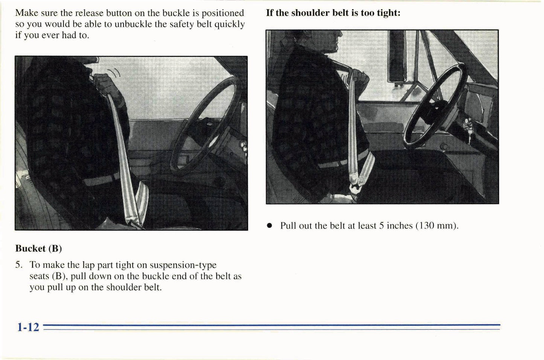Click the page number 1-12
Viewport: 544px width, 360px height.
(x=28, y=327)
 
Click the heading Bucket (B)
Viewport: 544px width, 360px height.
(x=38, y=249)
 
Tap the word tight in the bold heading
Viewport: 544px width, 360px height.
(x=387, y=13)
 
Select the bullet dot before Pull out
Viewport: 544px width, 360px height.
(x=269, y=226)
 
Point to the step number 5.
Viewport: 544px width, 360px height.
(x=19, y=265)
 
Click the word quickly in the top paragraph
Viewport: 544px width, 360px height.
(x=229, y=24)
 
